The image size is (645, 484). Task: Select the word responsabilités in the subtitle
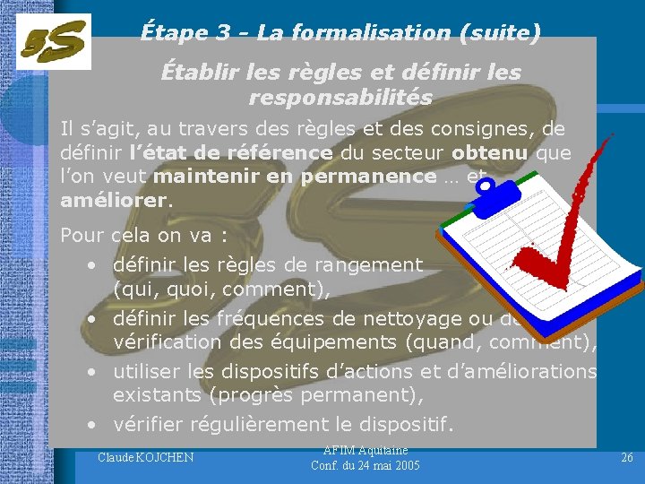[340, 97]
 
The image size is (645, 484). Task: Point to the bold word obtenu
[490, 153]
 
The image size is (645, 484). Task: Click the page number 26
[627, 458]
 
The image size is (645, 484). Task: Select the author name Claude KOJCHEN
[145, 459]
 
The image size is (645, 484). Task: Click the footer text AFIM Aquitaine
[365, 450]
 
